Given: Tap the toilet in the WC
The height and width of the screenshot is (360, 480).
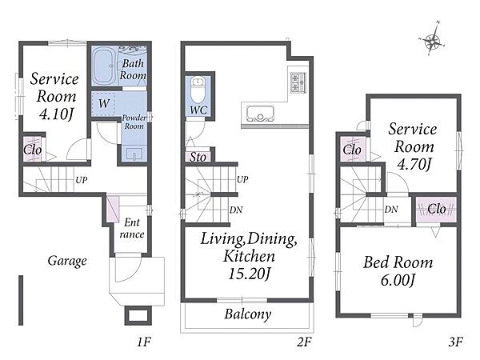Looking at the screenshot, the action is click(198, 90).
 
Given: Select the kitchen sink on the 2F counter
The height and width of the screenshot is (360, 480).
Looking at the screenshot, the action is click(260, 114).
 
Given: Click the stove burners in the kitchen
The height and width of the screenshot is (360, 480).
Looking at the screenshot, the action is click(298, 82).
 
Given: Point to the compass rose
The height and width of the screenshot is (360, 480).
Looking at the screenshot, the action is click(432, 41).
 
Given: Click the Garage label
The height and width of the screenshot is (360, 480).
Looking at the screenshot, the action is click(67, 261).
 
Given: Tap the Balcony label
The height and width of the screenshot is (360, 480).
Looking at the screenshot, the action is click(248, 314).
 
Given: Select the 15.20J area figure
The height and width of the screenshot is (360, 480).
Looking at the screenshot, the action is click(250, 274).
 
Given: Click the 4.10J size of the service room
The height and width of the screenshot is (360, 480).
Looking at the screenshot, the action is click(56, 114).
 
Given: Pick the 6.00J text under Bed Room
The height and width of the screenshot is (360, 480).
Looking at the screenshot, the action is click(398, 280).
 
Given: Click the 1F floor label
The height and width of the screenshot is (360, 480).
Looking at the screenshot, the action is click(144, 342).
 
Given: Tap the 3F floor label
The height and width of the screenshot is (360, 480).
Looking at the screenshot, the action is click(455, 342).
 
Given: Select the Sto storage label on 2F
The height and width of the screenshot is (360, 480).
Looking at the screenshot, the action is click(198, 157).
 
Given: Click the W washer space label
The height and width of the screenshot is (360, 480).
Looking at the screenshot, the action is click(104, 103).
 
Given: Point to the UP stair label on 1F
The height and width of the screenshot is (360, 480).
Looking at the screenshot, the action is click(81, 180).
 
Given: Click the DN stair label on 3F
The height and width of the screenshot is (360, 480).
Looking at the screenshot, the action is click(391, 210).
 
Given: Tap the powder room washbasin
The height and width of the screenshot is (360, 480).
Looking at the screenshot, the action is click(134, 154).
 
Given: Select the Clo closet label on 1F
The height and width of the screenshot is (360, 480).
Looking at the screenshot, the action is click(33, 150).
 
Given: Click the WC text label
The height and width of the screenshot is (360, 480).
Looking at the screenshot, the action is click(198, 110).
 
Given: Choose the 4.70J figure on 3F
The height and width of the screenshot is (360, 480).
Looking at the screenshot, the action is click(414, 164).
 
